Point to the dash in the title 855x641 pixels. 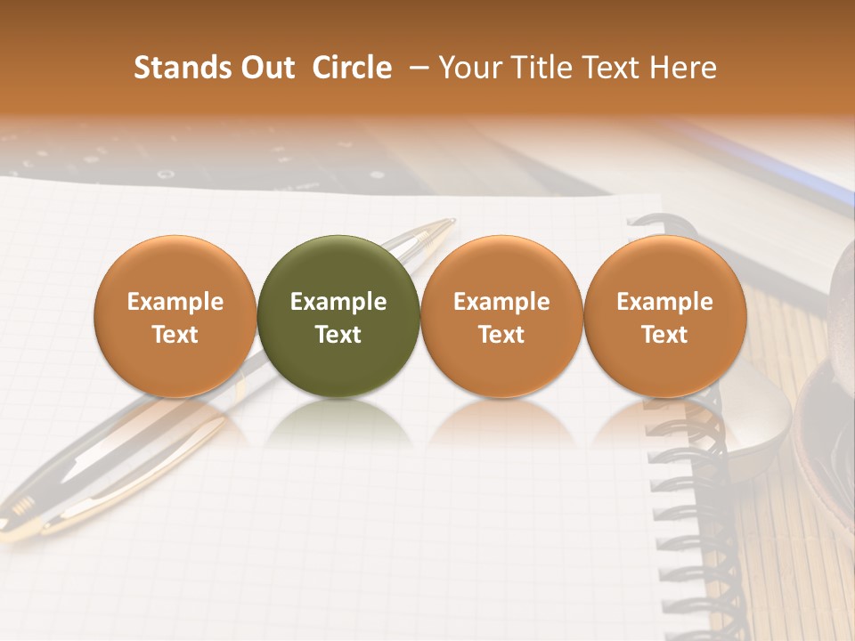pyautogui.click(x=415, y=68)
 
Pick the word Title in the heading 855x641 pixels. pyautogui.click(x=533, y=68)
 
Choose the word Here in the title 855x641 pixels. pyautogui.click(x=681, y=68)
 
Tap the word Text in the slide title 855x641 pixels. pyautogui.click(x=603, y=68)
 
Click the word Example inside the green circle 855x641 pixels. pyautogui.click(x=338, y=302)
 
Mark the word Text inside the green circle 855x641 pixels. pyautogui.click(x=338, y=335)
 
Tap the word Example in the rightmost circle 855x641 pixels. pyautogui.click(x=665, y=302)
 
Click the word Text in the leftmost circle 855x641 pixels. pyautogui.click(x=175, y=335)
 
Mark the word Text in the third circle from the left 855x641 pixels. pyautogui.click(x=501, y=335)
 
